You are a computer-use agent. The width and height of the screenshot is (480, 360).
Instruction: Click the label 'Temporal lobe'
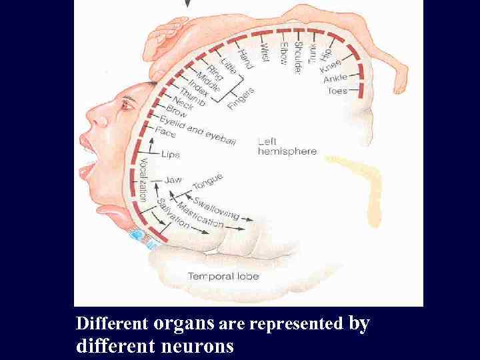click(x=223, y=276)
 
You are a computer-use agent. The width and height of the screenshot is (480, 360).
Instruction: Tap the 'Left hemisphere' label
click(x=287, y=147)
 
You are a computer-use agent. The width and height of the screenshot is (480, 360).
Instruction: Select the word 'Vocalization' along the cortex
click(x=142, y=177)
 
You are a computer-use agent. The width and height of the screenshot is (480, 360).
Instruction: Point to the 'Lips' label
click(x=170, y=155)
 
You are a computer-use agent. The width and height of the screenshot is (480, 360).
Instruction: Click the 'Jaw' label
click(x=173, y=179)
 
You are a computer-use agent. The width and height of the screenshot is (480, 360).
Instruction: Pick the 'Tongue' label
click(x=207, y=180)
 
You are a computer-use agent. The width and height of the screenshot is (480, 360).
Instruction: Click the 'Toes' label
click(x=337, y=90)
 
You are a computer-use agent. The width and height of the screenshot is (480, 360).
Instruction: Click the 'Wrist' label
click(x=264, y=53)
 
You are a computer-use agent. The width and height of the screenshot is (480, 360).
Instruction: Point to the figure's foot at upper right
click(x=400, y=83)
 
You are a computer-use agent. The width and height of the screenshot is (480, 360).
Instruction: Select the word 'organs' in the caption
click(x=184, y=323)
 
